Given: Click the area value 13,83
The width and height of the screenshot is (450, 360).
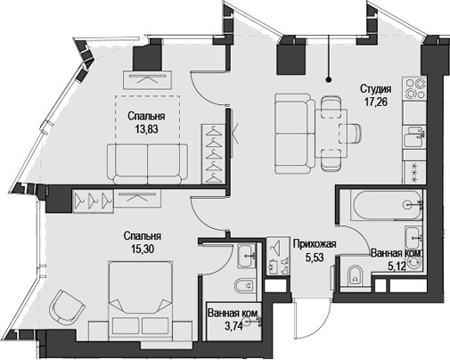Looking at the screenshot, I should [143, 129].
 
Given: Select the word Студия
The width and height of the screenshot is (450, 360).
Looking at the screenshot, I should [377, 88].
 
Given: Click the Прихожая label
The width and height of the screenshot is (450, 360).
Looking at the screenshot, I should [313, 242].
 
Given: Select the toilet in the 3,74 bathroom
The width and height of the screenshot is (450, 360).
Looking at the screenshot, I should [241, 287].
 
